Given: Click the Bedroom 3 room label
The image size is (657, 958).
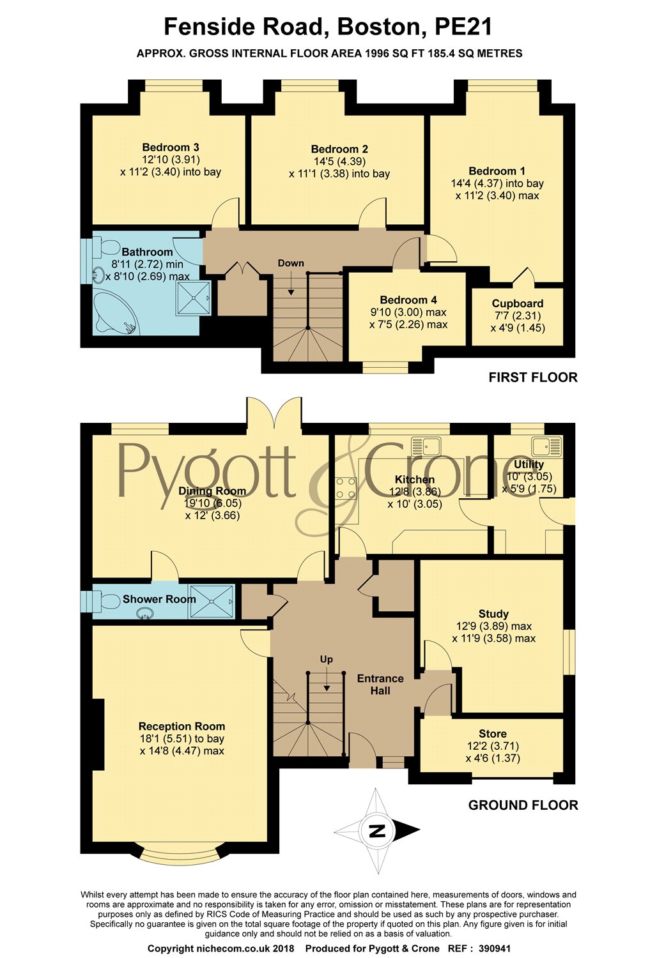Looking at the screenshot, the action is point(171,148).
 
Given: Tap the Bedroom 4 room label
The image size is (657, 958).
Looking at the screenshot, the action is point(408,300).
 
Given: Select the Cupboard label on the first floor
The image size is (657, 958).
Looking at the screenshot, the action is point(518,303).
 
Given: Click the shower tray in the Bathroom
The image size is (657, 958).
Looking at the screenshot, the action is point(193,298).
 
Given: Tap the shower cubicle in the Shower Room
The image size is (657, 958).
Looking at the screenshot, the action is point(212,602).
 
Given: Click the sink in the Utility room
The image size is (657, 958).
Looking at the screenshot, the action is point(546,446).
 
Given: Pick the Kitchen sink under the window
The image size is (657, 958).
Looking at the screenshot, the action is point(426,446).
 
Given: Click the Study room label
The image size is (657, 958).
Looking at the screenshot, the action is point(493,614).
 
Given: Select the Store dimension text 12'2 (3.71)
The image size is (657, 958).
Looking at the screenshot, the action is point(493,746).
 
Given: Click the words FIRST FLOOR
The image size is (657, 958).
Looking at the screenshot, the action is point(533,377).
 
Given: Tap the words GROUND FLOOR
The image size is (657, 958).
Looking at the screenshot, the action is point(523,805).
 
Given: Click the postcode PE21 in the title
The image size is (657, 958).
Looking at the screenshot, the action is point(463,27).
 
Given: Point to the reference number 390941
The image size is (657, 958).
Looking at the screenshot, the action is point(495,948).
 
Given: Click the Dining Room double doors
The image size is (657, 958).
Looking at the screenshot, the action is point(274,412).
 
